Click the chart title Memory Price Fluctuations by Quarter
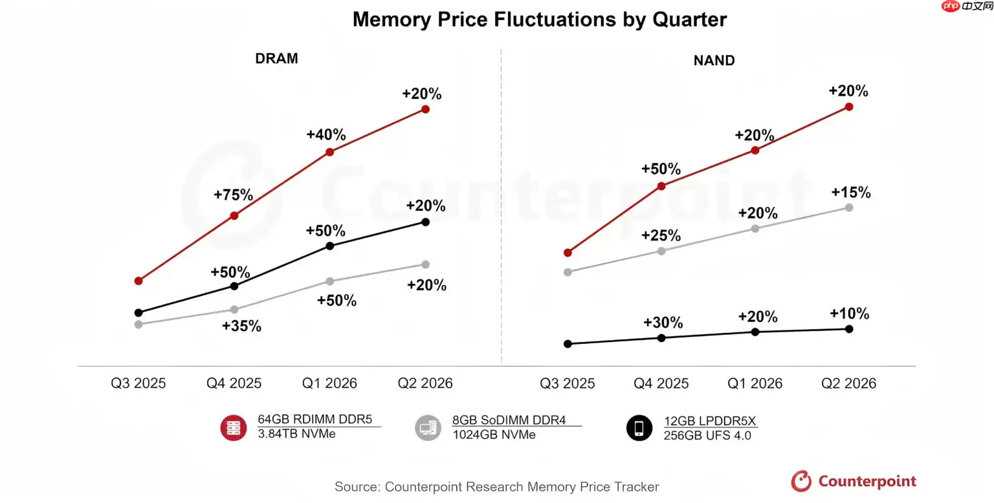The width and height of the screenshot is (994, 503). point(539,19)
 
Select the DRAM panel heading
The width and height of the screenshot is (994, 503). point(276,58)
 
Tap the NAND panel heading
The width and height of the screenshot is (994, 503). point(714,61)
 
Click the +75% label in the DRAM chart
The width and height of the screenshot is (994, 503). point(234,195)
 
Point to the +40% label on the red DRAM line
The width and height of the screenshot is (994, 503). point(326,135)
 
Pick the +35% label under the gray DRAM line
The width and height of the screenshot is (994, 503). point(241,326)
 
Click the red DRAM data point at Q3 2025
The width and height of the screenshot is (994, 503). point(138,281)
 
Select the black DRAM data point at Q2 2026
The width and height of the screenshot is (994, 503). point(425,222)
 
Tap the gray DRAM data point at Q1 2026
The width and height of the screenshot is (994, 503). point(329,281)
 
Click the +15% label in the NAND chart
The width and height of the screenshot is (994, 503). point(851,193)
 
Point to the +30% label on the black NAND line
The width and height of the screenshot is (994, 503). point(663,323)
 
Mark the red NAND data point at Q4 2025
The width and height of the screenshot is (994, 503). point(661,186)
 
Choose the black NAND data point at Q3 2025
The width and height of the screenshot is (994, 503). point(568,344)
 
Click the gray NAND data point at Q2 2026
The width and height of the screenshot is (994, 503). point(849,208)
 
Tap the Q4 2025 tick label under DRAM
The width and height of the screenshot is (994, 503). point(234,383)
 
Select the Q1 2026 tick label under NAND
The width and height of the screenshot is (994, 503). point(755,383)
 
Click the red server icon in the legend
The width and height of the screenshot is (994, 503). point(234,428)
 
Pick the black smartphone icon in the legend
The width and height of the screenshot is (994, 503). point(639,428)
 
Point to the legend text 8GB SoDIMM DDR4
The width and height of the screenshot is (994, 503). point(509,420)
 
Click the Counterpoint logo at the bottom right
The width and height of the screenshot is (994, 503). point(854,481)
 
